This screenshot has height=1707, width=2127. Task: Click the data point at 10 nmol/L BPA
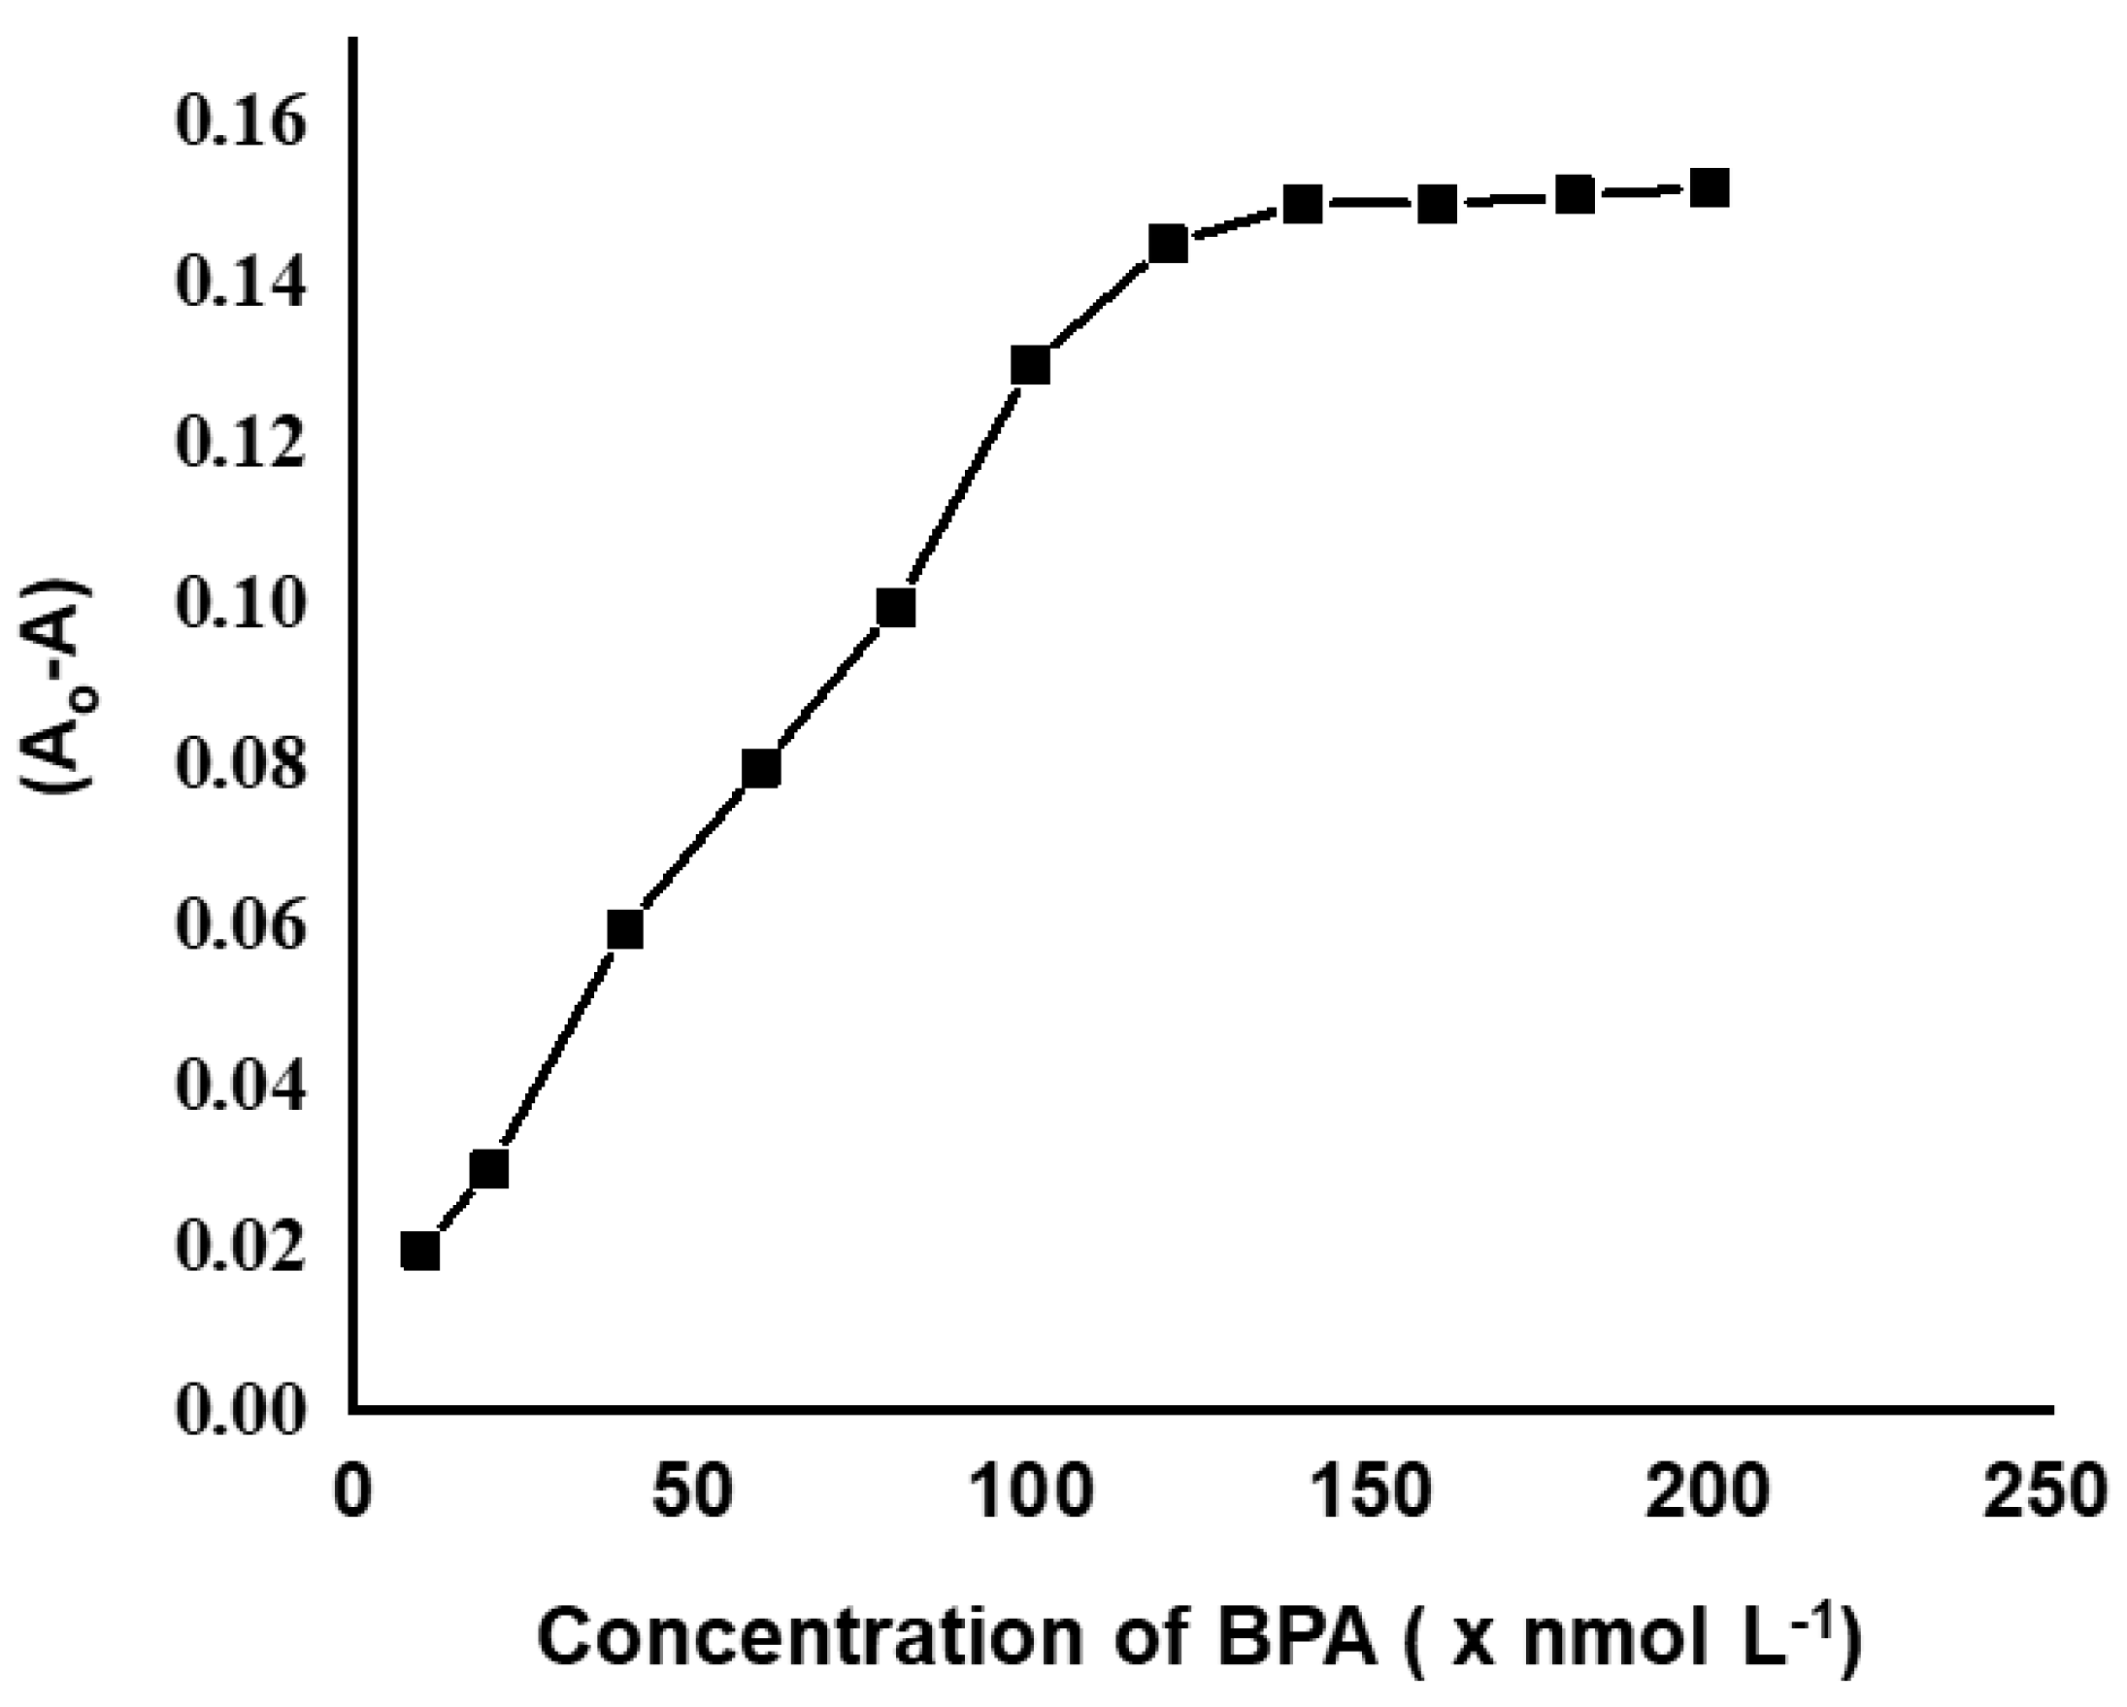[420, 1251]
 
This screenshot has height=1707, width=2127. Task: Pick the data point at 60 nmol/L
[761, 768]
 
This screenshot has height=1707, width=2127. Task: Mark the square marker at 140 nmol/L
[1302, 204]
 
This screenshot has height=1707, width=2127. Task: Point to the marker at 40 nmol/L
[625, 929]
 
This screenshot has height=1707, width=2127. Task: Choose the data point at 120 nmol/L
[1168, 244]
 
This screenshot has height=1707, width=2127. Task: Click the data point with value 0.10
[896, 609]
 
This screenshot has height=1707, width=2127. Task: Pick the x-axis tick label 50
[693, 1492]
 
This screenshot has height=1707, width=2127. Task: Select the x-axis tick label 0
[352, 1492]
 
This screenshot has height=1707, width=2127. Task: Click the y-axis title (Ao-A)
[57, 687]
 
